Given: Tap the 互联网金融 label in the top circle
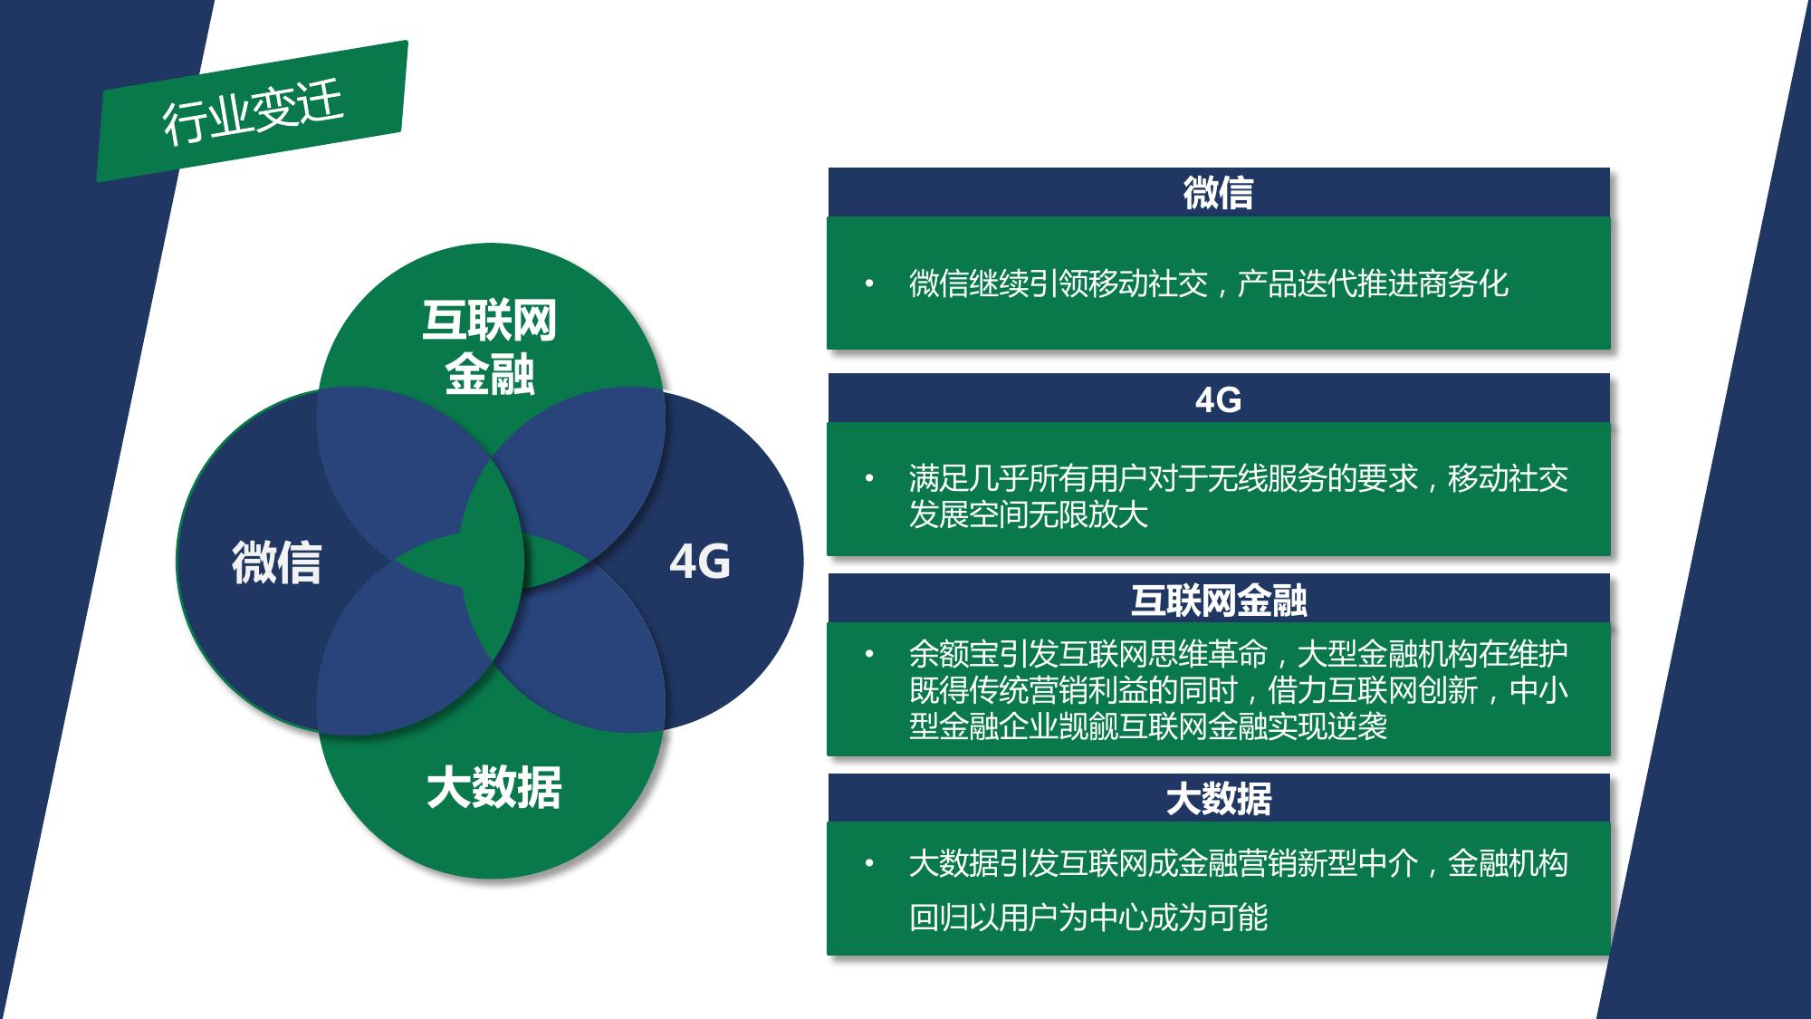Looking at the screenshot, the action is point(490,347).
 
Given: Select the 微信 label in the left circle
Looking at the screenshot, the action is point(276,562).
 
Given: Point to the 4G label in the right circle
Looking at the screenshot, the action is point(699,562).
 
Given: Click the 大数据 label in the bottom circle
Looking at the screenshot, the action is point(493,786).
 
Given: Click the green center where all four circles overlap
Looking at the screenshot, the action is point(492,562).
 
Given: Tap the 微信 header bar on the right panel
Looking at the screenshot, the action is point(1218,192).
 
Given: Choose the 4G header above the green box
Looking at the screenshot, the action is point(1218,399).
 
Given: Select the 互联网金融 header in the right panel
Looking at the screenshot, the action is point(1218,599).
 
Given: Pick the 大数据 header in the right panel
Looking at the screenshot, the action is point(1218,798).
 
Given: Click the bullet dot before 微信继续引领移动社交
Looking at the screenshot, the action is point(869,284).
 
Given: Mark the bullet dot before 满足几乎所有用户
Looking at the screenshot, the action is point(869,477).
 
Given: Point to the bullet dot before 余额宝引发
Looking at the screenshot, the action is point(869,653).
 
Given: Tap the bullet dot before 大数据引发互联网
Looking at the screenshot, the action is point(869,863).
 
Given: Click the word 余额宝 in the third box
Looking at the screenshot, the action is point(953,653).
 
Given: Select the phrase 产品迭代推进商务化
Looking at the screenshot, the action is point(1373,284).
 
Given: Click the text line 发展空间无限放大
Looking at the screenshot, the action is point(1029,514).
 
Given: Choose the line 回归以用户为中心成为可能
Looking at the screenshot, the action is point(1088,917).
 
